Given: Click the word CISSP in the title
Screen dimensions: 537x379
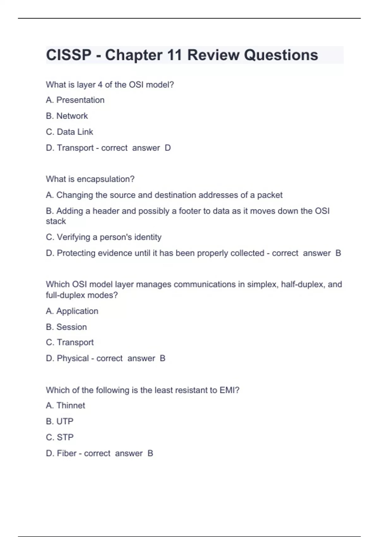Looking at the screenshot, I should [x=69, y=55].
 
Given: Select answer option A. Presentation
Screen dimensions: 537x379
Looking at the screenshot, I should [x=75, y=100].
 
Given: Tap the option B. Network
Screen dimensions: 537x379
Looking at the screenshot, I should [x=67, y=116].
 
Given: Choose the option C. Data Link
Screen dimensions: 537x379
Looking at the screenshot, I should [x=69, y=132].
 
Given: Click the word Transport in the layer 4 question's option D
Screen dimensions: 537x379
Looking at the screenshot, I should [x=75, y=148].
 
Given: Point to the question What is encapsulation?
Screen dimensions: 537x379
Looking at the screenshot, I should [x=90, y=179].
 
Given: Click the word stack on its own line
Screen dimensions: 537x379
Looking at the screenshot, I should [x=56, y=221].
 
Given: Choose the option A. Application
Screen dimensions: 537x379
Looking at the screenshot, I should [x=72, y=311].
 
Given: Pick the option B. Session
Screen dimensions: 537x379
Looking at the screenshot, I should [x=66, y=327].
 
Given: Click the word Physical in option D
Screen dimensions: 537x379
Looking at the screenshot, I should [x=73, y=358].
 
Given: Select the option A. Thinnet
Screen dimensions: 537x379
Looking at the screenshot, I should [x=65, y=406].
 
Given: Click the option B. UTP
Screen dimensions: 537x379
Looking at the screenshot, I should [x=60, y=421].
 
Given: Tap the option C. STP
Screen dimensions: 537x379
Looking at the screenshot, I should [x=60, y=437].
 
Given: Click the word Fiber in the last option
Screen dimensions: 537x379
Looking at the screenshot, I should [x=67, y=453].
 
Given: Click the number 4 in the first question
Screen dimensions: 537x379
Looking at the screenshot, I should [x=100, y=85].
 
